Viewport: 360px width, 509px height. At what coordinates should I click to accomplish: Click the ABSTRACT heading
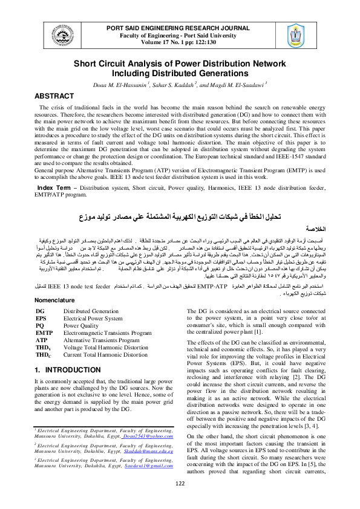(x=54, y=96)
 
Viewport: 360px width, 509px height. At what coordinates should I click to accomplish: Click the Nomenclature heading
(x=59, y=300)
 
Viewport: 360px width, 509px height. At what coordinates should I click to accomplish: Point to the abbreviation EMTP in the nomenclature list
(x=44, y=332)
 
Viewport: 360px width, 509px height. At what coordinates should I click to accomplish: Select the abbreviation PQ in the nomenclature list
(x=40, y=325)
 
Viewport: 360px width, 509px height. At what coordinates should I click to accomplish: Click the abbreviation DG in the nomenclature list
(x=40, y=311)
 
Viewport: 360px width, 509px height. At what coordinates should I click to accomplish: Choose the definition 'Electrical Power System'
(x=93, y=318)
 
